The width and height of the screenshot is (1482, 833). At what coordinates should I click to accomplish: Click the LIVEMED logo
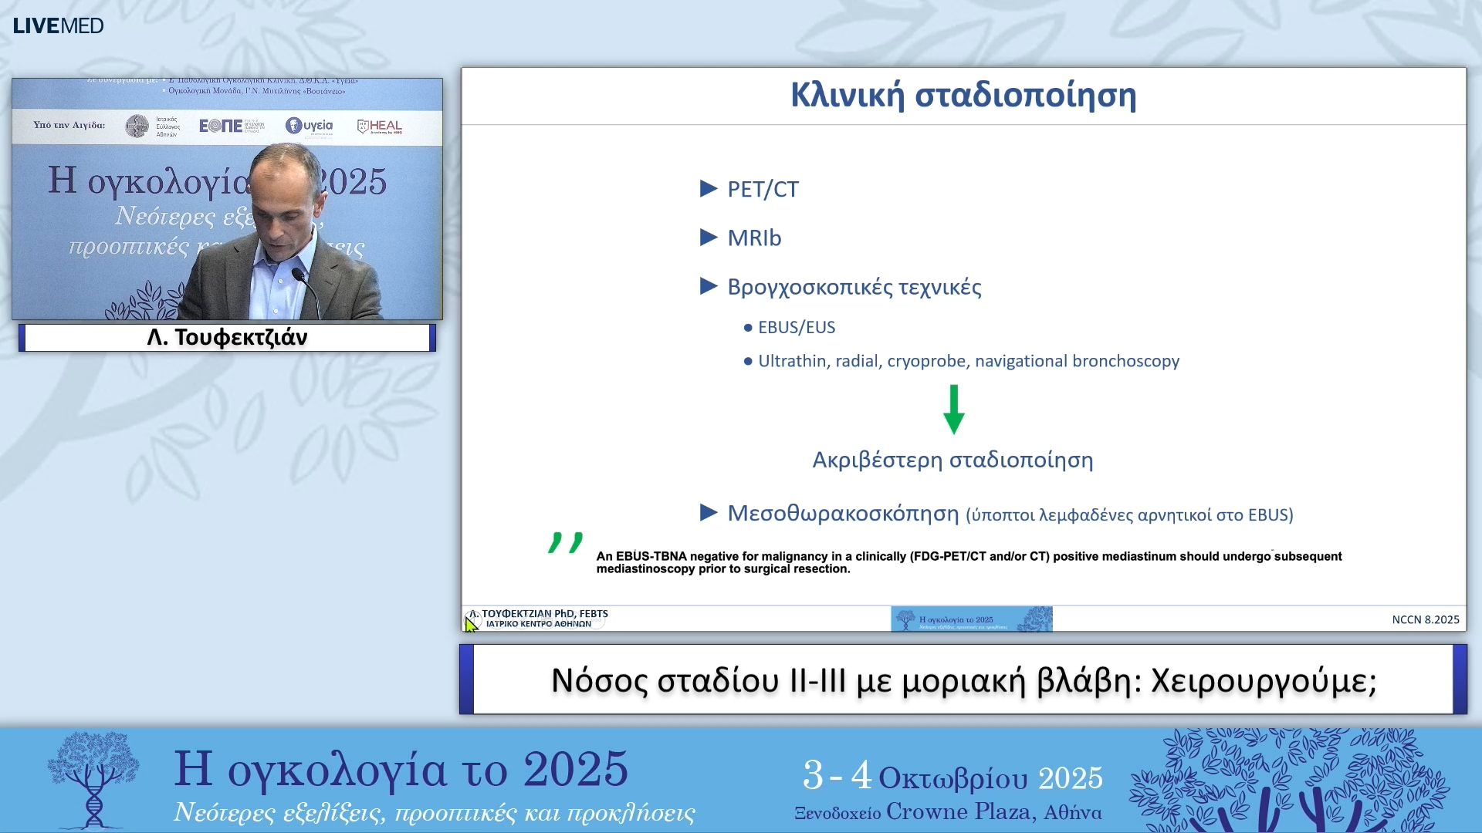click(x=58, y=25)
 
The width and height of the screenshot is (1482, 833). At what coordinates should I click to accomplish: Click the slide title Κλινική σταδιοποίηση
click(x=963, y=96)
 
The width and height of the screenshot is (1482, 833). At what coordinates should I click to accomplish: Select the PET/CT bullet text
click(x=763, y=190)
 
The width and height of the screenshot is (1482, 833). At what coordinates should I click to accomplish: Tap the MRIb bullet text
click(x=754, y=238)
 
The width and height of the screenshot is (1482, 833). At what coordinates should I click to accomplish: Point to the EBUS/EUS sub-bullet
click(x=796, y=328)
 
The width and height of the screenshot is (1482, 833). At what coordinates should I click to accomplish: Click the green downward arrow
click(x=954, y=410)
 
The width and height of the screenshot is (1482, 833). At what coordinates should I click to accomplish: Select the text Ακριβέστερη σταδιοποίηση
click(x=952, y=460)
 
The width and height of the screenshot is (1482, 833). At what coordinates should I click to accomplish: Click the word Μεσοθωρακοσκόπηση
click(x=843, y=514)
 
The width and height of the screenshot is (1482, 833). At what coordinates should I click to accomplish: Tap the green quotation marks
click(x=565, y=542)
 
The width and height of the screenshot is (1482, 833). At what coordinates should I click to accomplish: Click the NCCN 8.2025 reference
click(x=1425, y=619)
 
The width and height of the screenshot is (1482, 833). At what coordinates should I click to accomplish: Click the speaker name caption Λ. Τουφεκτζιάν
click(x=227, y=338)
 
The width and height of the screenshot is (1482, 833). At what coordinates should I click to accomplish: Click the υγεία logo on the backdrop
click(x=309, y=126)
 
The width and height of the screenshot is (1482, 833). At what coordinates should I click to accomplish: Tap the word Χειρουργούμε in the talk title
click(x=1264, y=681)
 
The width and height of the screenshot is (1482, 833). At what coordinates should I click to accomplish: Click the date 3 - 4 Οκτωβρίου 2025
click(x=952, y=777)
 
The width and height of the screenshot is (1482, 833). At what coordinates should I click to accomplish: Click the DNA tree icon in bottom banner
click(x=93, y=779)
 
